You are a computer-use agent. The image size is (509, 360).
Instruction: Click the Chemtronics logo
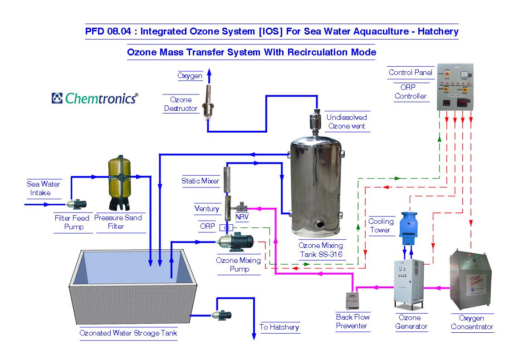coord(95,98)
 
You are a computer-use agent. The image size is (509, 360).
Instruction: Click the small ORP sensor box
coord(225,227)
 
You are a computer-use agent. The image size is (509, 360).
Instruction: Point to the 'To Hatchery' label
coord(279,327)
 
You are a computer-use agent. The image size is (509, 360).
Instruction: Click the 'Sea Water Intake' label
coord(44,188)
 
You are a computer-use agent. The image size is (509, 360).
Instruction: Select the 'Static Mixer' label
coord(200,181)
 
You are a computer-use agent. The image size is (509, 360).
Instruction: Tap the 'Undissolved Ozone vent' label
coord(347,122)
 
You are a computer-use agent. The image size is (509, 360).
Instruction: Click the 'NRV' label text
coord(242,217)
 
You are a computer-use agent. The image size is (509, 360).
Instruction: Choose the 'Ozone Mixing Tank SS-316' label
coord(321,250)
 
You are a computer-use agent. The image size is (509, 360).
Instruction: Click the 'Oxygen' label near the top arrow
coord(190,76)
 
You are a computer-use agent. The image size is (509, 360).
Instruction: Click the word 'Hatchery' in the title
coord(438,31)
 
